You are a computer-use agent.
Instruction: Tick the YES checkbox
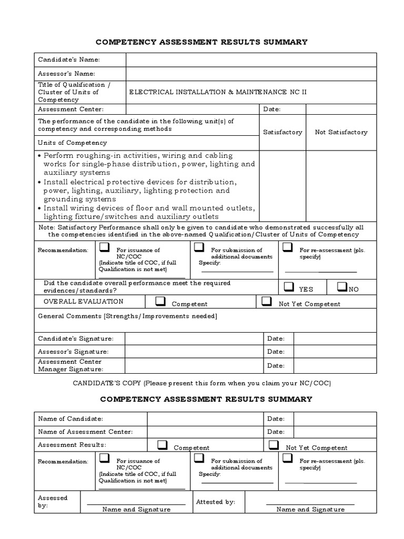[288, 287]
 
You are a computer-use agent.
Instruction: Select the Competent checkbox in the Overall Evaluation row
[161, 301]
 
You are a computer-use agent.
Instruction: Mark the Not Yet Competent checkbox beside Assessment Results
[273, 445]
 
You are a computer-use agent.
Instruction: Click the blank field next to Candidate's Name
[251, 59]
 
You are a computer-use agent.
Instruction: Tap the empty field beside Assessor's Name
[251, 74]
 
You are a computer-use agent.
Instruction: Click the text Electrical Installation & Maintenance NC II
[218, 92]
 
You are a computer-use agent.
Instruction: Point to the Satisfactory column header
[282, 132]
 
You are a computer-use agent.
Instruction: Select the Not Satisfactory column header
[341, 132]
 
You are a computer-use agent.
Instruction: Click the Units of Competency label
[72, 143]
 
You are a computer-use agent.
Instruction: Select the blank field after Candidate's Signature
[194, 338]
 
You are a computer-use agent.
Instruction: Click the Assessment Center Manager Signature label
[70, 365]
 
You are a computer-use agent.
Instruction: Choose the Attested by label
[215, 502]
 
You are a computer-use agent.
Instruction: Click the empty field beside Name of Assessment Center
[205, 432]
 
